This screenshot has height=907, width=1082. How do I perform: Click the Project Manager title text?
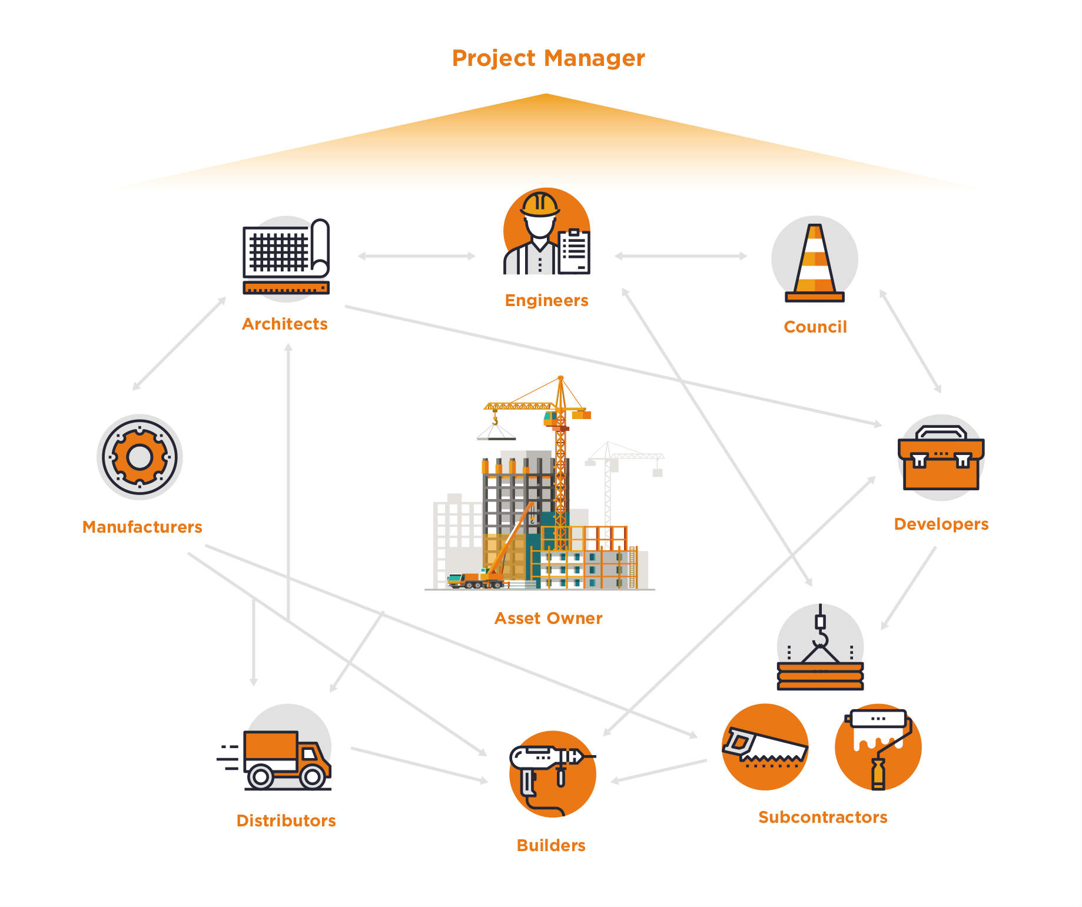pos(548,58)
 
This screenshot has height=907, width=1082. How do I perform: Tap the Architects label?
pos(285,324)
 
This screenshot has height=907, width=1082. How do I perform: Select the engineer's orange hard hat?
pos(540,204)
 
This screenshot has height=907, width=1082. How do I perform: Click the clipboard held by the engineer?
pos(573,252)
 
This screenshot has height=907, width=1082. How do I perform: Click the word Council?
pos(815,327)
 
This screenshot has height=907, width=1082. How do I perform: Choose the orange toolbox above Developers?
pos(941,459)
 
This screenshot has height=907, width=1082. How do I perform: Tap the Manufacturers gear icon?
pos(140,457)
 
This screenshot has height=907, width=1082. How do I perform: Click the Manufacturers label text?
pos(142,527)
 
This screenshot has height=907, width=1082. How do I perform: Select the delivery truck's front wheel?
pos(313,777)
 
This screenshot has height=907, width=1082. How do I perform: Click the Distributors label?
pos(286,820)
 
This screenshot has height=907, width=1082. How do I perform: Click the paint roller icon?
pos(878,746)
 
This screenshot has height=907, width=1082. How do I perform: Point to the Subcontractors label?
pos(822,817)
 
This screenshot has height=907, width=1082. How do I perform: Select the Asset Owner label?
pos(548,618)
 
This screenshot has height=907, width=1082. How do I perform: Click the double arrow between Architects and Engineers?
pos(416,256)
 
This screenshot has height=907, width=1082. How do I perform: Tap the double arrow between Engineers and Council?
pos(681,256)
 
